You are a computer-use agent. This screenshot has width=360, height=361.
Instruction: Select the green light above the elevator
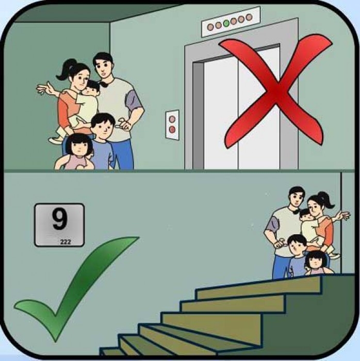tap(226, 23)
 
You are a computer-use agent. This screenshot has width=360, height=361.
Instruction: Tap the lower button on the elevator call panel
tap(172, 129)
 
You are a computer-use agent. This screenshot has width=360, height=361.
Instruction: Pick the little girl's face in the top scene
tap(79, 147)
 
